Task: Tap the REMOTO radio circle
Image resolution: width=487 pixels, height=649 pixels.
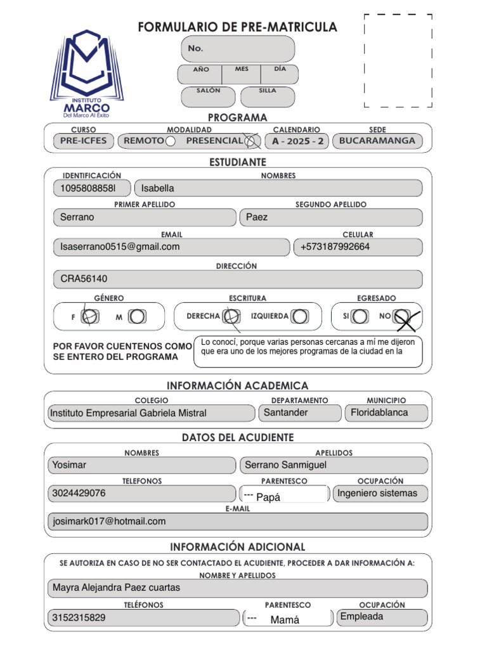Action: [x=170, y=141]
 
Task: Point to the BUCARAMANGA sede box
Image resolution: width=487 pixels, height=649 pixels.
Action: [x=377, y=141]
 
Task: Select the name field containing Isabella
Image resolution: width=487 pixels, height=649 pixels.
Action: [x=278, y=188]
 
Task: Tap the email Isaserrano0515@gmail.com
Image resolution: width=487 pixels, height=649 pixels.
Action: [x=171, y=247]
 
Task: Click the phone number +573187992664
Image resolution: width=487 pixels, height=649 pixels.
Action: [x=358, y=247]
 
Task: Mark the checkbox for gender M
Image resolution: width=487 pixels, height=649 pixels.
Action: [x=137, y=316]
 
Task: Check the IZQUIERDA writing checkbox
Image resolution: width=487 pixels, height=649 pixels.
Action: [x=301, y=316]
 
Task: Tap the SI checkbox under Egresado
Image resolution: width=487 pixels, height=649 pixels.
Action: [x=360, y=316]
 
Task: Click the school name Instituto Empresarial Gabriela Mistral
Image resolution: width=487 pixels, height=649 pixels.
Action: [x=151, y=413]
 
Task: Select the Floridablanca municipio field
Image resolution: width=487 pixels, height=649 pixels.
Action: [x=386, y=413]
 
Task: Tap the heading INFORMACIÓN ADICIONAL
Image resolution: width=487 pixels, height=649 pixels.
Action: [x=237, y=547]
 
